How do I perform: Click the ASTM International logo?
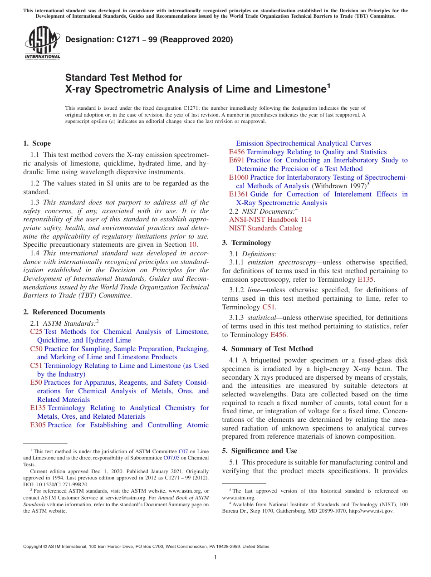tap(42, 43)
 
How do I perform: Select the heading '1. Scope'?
tap(37, 143)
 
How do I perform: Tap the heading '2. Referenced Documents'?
tap(64, 312)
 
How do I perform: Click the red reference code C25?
tap(36, 332)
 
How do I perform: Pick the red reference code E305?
tap(38, 425)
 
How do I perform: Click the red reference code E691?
tap(237, 160)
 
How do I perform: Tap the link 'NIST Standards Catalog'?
tap(265, 228)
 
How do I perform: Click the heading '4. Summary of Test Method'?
tap(267, 349)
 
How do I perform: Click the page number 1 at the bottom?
tap(215, 557)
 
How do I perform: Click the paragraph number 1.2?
tap(35, 184)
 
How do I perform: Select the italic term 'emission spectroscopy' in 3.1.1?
tap(275, 262)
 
